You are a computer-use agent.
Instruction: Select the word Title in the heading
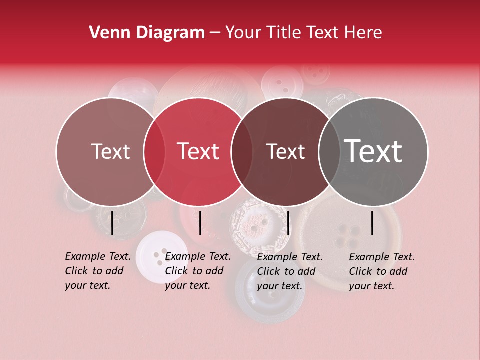coord(286,33)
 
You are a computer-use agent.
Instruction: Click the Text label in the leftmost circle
coord(110,151)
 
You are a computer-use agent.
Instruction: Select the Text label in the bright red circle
coord(198,151)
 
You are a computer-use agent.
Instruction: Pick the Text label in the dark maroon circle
coord(285,151)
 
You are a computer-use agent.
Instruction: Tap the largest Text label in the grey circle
coord(373,151)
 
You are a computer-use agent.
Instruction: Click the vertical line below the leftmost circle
coord(112,223)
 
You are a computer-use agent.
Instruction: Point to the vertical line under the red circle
coord(200,223)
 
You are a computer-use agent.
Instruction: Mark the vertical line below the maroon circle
coord(288,223)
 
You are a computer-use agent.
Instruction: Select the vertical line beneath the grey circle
coord(372,223)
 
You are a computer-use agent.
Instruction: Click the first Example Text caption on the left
coord(98,271)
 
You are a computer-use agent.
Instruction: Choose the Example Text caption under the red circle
coord(198,271)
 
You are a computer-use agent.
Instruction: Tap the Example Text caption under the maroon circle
coord(290,271)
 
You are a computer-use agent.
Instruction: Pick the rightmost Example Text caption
coord(382,271)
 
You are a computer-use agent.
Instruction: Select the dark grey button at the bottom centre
coord(270,295)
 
